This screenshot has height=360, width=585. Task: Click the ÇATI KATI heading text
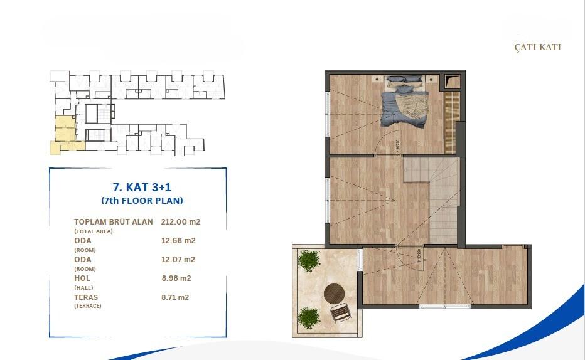537,48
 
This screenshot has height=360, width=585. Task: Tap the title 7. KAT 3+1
141,188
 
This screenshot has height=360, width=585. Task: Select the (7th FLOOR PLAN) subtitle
142,201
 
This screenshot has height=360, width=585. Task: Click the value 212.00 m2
181,221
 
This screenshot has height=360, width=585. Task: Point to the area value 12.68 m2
178,240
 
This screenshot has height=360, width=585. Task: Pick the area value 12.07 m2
178,259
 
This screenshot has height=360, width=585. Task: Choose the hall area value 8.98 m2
176,278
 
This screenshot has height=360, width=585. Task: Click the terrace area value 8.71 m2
175,297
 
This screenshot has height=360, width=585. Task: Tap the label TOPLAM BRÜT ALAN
113,221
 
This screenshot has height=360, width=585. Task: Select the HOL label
82,278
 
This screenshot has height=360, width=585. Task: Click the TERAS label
86,297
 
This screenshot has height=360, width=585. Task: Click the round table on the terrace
334,293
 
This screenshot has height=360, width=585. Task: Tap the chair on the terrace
341,312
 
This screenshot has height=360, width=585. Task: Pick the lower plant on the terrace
308,317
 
